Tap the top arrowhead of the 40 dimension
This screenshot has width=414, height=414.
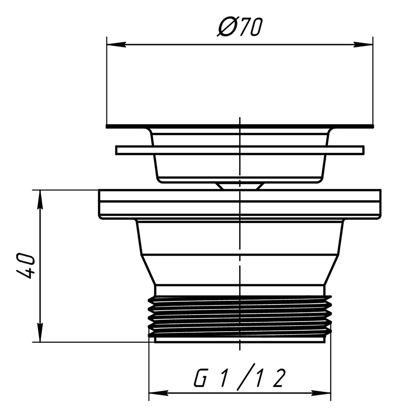40,200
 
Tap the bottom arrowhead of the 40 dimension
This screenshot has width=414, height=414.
40,333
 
